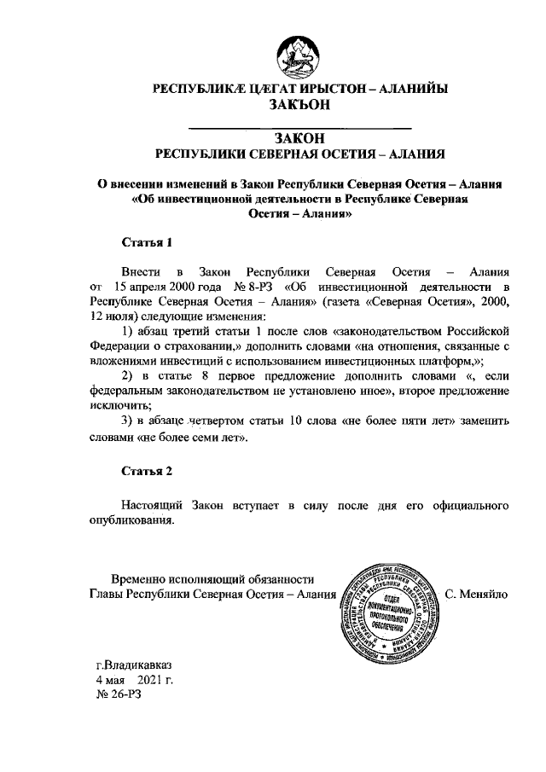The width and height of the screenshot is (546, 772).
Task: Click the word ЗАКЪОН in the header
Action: [299, 105]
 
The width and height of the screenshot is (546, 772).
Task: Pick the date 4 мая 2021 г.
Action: [134, 681]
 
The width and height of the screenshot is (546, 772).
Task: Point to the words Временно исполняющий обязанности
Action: [200, 579]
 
